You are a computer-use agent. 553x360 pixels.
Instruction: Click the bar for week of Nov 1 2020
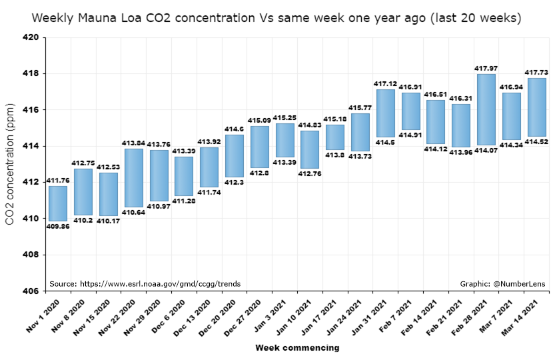click(x=58, y=203)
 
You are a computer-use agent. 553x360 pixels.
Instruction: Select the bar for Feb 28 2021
click(x=486, y=109)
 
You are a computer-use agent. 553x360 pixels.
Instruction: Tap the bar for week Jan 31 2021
click(x=385, y=113)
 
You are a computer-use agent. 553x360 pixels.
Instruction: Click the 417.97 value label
click(x=486, y=68)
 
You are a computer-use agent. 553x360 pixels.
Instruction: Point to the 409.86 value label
click(x=58, y=226)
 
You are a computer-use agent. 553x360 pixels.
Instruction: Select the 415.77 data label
click(x=360, y=107)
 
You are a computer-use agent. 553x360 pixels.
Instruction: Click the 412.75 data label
click(x=83, y=163)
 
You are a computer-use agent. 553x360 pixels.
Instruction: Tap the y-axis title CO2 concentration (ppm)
click(x=10, y=163)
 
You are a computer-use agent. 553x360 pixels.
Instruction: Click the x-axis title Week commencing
click(x=297, y=347)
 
